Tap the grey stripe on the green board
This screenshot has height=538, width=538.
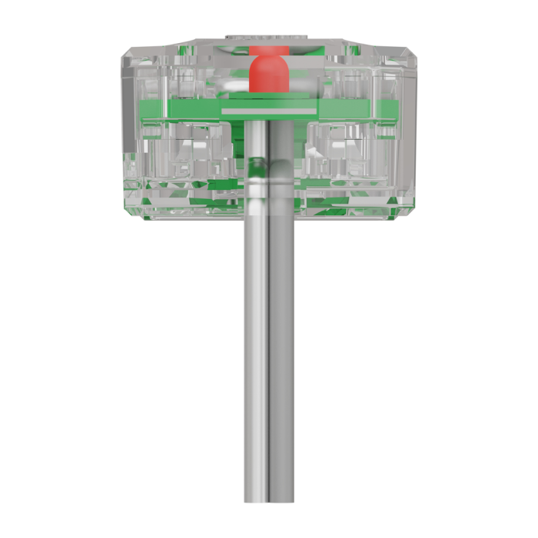[269, 111]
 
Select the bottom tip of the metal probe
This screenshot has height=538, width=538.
[269, 500]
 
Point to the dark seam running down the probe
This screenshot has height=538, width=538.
[270, 346]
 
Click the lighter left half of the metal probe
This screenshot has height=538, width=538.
[257, 346]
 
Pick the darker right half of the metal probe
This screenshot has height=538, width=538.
[282, 346]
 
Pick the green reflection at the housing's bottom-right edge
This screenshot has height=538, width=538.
[388, 203]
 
